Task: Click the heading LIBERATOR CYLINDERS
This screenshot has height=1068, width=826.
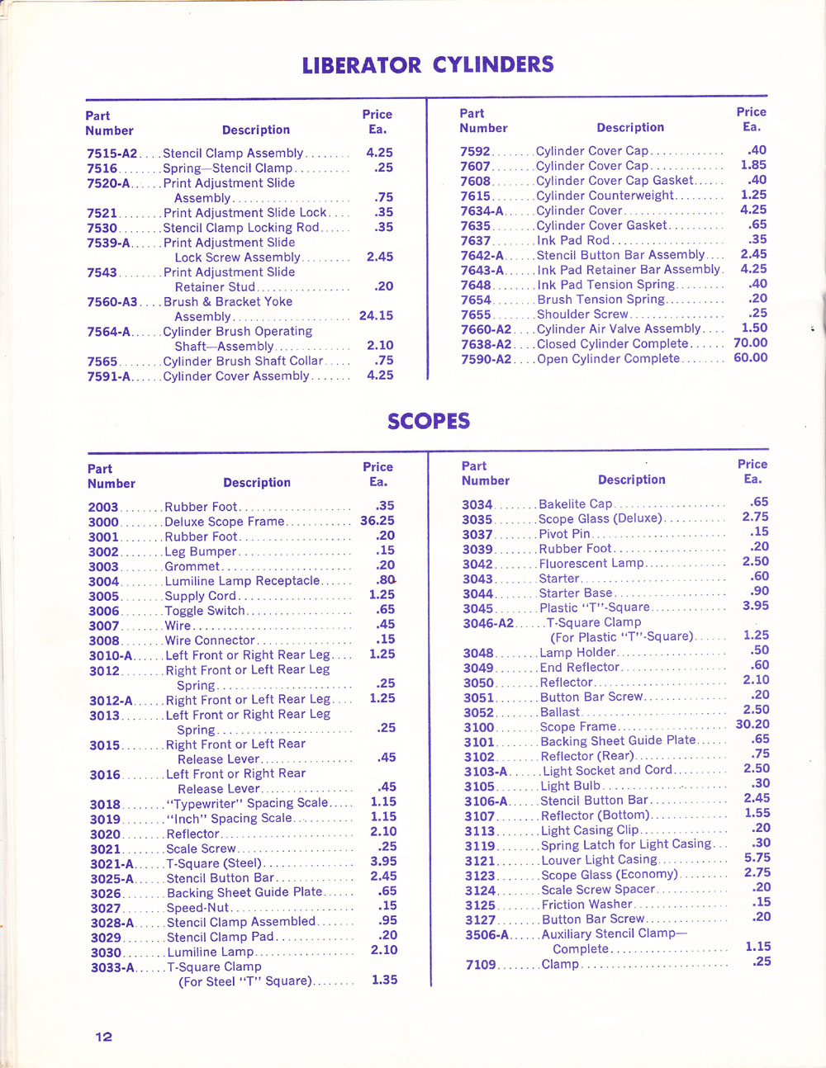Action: coord(427,65)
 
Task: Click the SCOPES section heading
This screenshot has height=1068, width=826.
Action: coord(429,421)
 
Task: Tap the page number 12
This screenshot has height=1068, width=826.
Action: coord(103,1037)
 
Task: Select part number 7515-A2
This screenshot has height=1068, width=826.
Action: coord(112,153)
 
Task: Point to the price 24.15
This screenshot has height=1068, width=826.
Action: coord(376,315)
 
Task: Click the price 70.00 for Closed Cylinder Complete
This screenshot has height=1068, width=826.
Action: coord(750,343)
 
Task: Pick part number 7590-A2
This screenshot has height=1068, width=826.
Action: coord(486,358)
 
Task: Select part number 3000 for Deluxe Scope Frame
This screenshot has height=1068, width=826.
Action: coord(103,522)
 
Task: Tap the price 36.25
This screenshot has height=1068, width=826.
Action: coord(377,521)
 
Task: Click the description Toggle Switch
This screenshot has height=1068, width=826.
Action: coord(205,611)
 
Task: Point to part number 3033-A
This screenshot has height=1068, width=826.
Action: coord(112,967)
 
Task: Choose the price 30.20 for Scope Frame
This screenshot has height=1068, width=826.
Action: coord(752,724)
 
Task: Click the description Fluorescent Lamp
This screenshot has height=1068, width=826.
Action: coord(591,563)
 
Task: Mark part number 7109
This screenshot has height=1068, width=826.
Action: coord(480,964)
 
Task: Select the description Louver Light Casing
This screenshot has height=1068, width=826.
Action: coord(599,859)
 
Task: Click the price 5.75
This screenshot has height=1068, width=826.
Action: coord(757,858)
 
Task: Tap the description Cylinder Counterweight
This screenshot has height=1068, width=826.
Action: coord(605,196)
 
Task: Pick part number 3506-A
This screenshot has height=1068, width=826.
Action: coord(487,934)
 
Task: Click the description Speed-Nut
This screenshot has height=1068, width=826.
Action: coord(197,907)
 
